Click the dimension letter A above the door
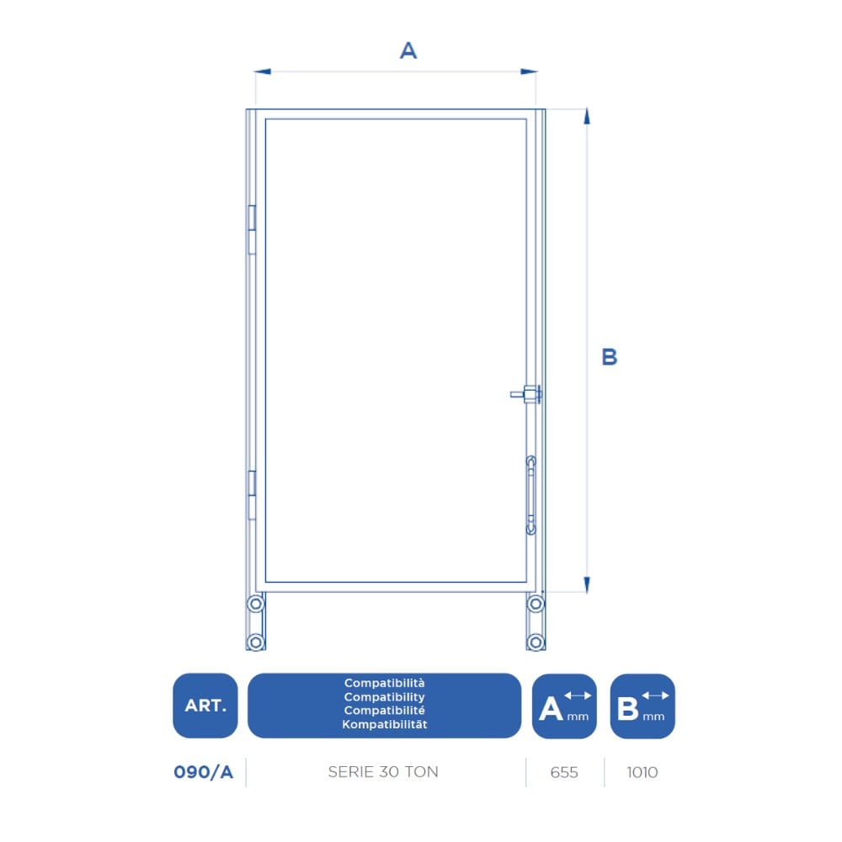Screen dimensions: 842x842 408,51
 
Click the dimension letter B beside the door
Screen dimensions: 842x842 609,357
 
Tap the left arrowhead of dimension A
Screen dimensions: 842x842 262,72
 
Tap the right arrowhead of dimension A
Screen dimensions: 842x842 529,72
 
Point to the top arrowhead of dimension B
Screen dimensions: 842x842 587,116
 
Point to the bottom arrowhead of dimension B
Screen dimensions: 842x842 587,585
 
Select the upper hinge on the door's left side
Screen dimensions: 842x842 251,229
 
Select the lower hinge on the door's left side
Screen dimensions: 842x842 251,495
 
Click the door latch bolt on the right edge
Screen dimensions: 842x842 526,395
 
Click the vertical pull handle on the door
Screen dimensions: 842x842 530,495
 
